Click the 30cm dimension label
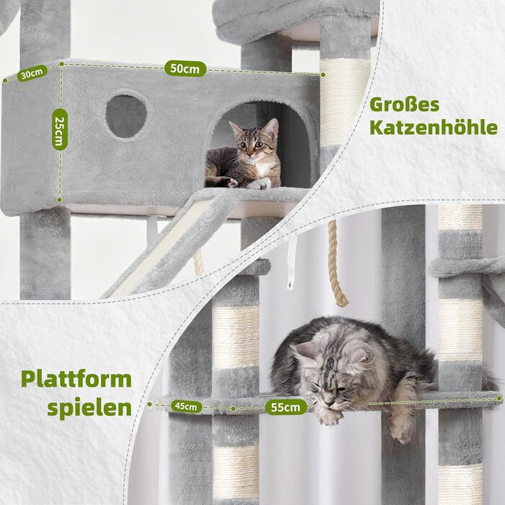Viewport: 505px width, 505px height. click(x=32, y=74)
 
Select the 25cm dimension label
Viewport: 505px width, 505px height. click(x=58, y=128)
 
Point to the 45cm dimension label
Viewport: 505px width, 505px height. click(x=185, y=406)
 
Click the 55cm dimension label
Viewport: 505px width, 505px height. click(x=286, y=407)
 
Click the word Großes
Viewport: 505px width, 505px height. click(x=404, y=104)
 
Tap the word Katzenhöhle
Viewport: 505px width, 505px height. click(x=433, y=128)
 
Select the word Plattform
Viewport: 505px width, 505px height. click(x=76, y=379)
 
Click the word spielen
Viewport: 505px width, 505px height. click(x=89, y=406)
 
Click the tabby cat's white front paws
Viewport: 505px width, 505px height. click(x=256, y=184)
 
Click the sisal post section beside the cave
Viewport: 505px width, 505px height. click(x=345, y=101)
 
